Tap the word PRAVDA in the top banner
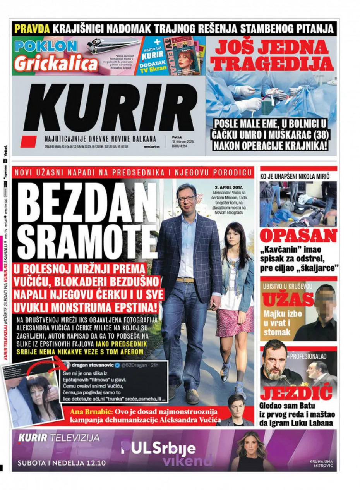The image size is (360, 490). (x=32, y=29)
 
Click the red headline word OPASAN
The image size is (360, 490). (x=298, y=236)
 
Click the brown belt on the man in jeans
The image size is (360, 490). (x=185, y=280)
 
